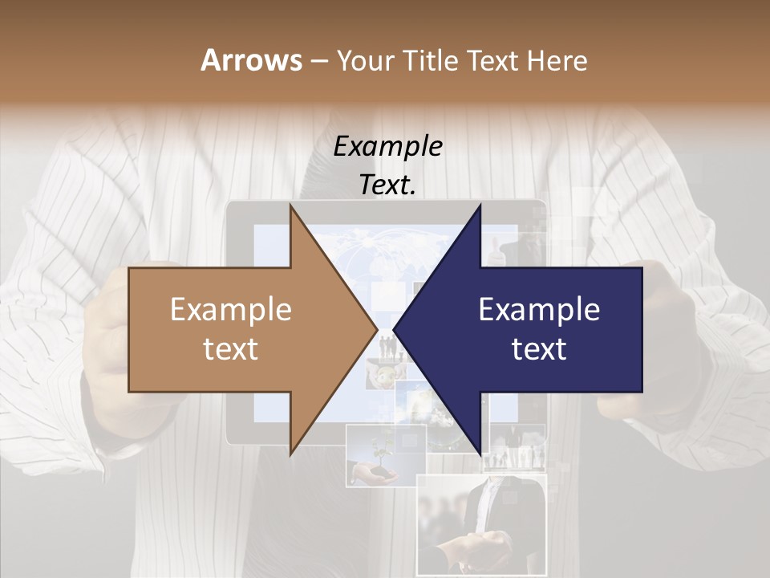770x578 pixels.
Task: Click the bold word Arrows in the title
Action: (251, 60)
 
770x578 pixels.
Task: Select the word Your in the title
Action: (365, 61)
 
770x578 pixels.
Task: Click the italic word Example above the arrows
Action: (387, 147)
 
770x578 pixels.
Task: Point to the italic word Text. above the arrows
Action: (387, 185)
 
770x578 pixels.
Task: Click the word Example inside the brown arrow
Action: (231, 310)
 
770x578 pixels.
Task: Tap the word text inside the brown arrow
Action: (231, 349)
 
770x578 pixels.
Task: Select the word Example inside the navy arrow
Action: (539, 310)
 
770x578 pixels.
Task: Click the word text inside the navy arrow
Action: (539, 349)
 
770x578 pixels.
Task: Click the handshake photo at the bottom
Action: (481, 522)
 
